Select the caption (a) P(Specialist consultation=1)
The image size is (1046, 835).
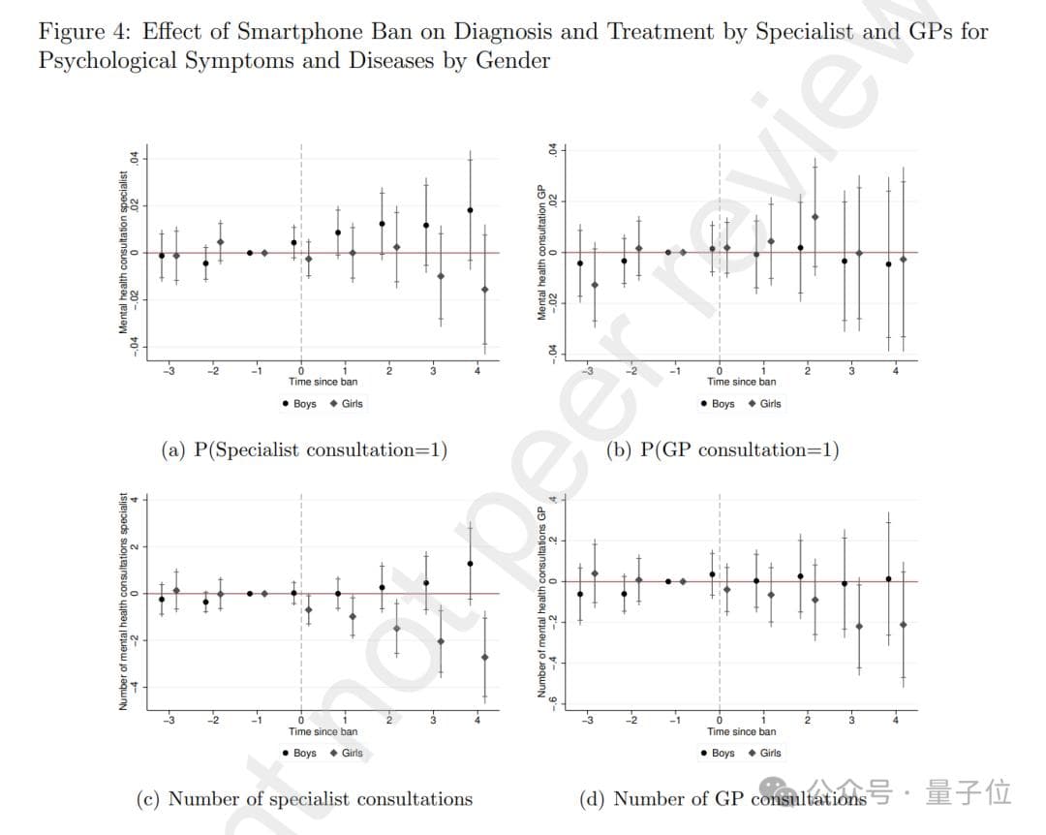point(304,449)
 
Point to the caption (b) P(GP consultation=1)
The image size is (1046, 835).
point(722,449)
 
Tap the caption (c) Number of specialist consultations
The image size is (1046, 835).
point(304,799)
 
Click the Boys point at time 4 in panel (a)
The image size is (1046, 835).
point(470,210)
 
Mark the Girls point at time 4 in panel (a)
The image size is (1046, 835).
point(484,289)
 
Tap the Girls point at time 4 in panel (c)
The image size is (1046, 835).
point(484,657)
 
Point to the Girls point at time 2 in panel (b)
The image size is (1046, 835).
point(815,217)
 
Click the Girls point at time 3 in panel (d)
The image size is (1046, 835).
point(859,627)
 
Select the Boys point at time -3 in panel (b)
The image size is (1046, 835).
point(579,263)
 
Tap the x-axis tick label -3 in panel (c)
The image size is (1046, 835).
point(169,720)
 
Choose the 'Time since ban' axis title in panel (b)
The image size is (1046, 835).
point(741,382)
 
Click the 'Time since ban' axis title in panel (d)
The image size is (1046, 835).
point(741,731)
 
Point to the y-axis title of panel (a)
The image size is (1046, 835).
point(124,254)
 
